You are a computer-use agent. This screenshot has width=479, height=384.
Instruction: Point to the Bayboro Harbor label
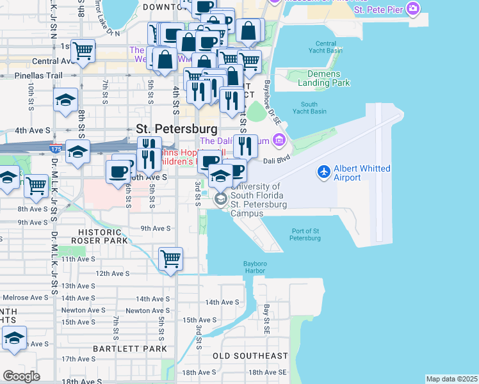[259, 267]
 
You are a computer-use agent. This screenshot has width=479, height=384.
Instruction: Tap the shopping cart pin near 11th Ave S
[171, 259]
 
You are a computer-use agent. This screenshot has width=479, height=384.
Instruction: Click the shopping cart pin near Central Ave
[83, 50]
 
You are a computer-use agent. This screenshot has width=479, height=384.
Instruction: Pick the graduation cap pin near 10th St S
[65, 99]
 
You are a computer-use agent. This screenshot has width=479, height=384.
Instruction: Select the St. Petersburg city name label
[168, 128]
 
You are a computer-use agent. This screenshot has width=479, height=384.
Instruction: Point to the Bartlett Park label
[129, 349]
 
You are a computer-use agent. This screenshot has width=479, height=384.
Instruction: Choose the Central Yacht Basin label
[326, 47]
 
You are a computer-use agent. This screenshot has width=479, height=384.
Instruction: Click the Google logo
[21, 376]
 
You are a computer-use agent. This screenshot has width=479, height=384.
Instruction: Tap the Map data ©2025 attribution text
[451, 379]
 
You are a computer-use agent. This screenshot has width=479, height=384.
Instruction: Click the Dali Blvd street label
[277, 163]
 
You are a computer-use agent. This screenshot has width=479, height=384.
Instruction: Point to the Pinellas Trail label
[38, 75]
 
